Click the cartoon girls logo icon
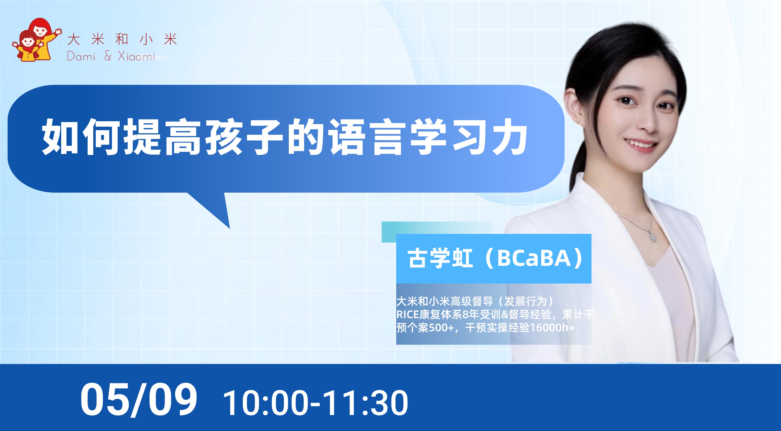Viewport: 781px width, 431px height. [x=37, y=39]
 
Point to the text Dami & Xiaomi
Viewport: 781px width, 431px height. [x=111, y=56]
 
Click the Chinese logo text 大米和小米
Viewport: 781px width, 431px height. [x=122, y=39]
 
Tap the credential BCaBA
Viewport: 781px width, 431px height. [x=534, y=258]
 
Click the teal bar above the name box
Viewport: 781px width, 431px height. [x=437, y=232]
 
